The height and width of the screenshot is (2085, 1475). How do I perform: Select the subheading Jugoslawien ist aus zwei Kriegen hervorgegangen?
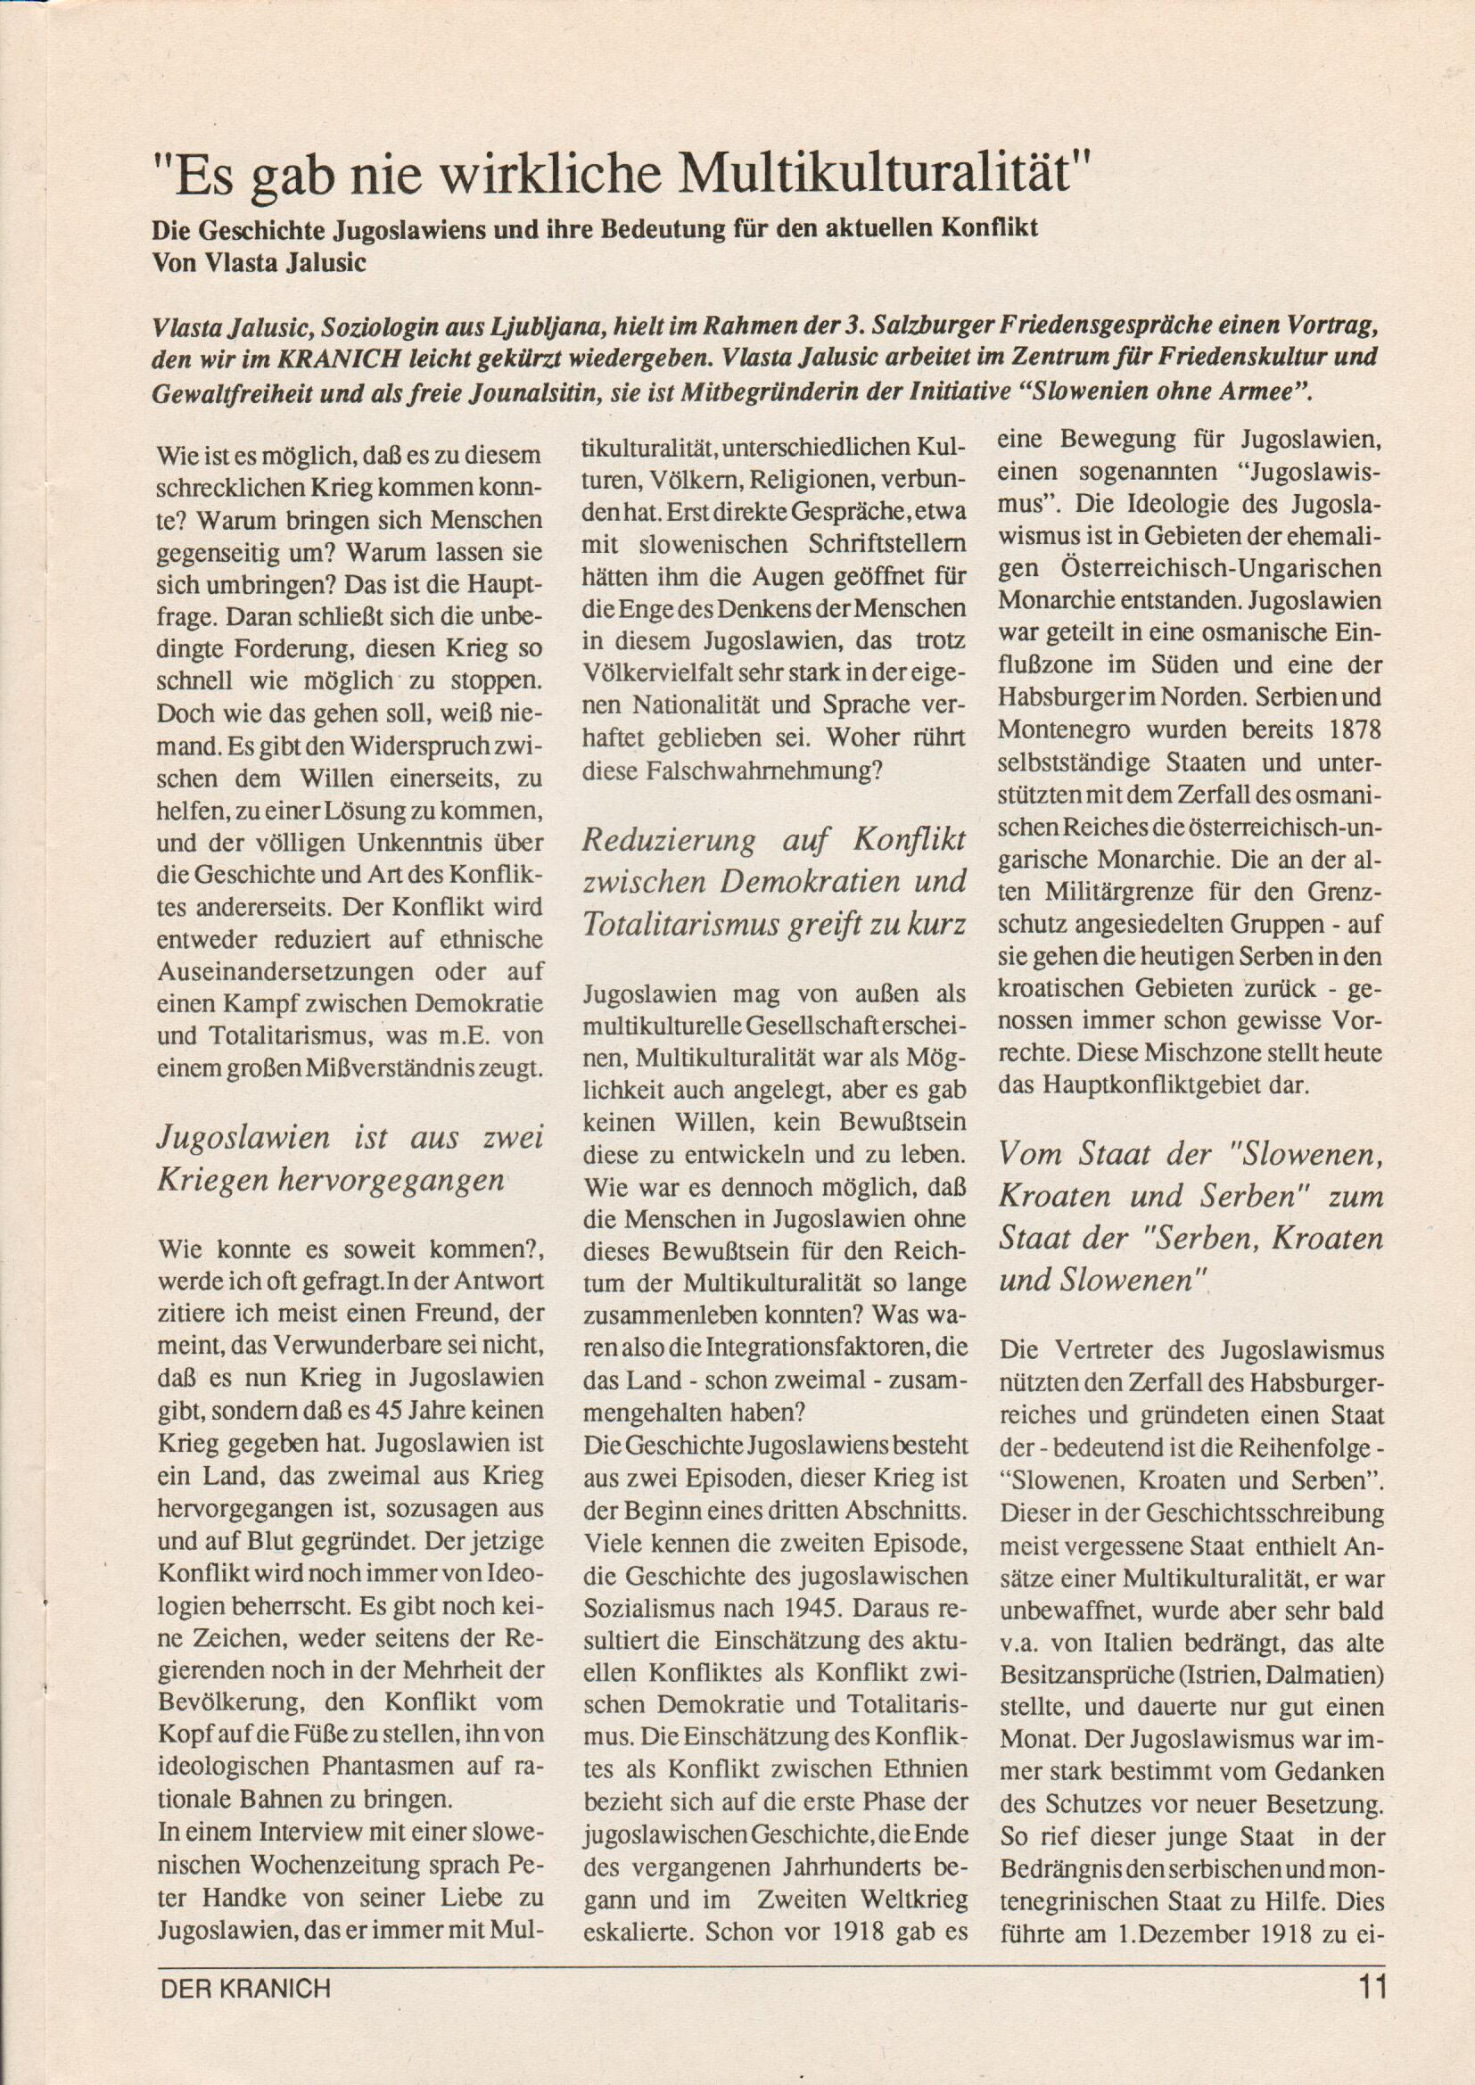coord(350,1158)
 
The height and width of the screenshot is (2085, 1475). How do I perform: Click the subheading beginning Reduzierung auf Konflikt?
coord(774,881)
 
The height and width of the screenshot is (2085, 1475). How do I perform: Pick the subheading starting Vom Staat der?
coord(1191,1217)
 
